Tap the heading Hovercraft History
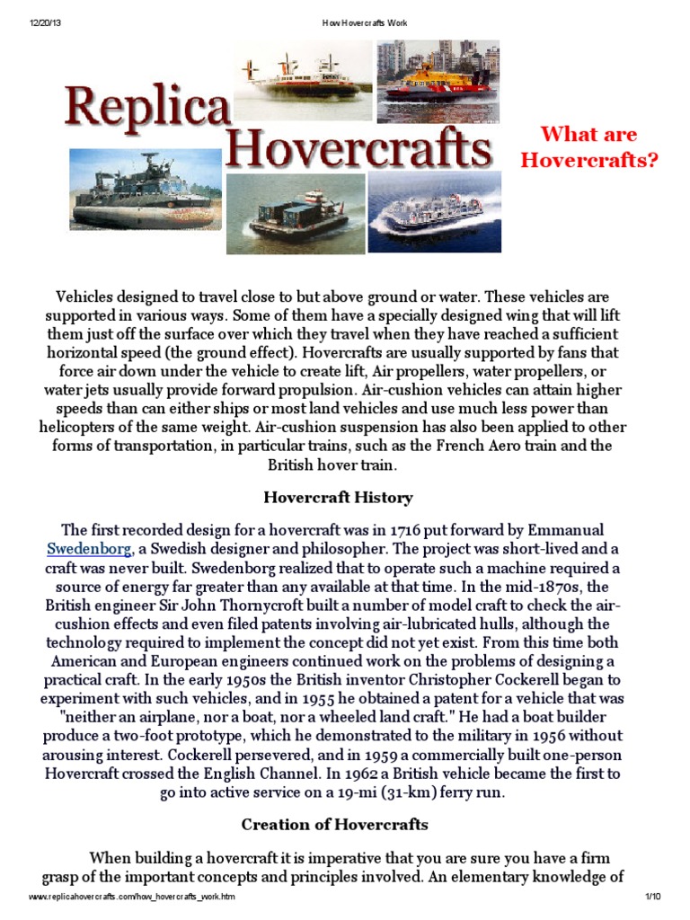pos(338,497)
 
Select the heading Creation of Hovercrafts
pos(334,824)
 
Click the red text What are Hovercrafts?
pos(589,147)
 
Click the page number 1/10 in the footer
pos(652,898)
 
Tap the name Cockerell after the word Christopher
pos(514,680)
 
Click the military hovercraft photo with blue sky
pos(146,190)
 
